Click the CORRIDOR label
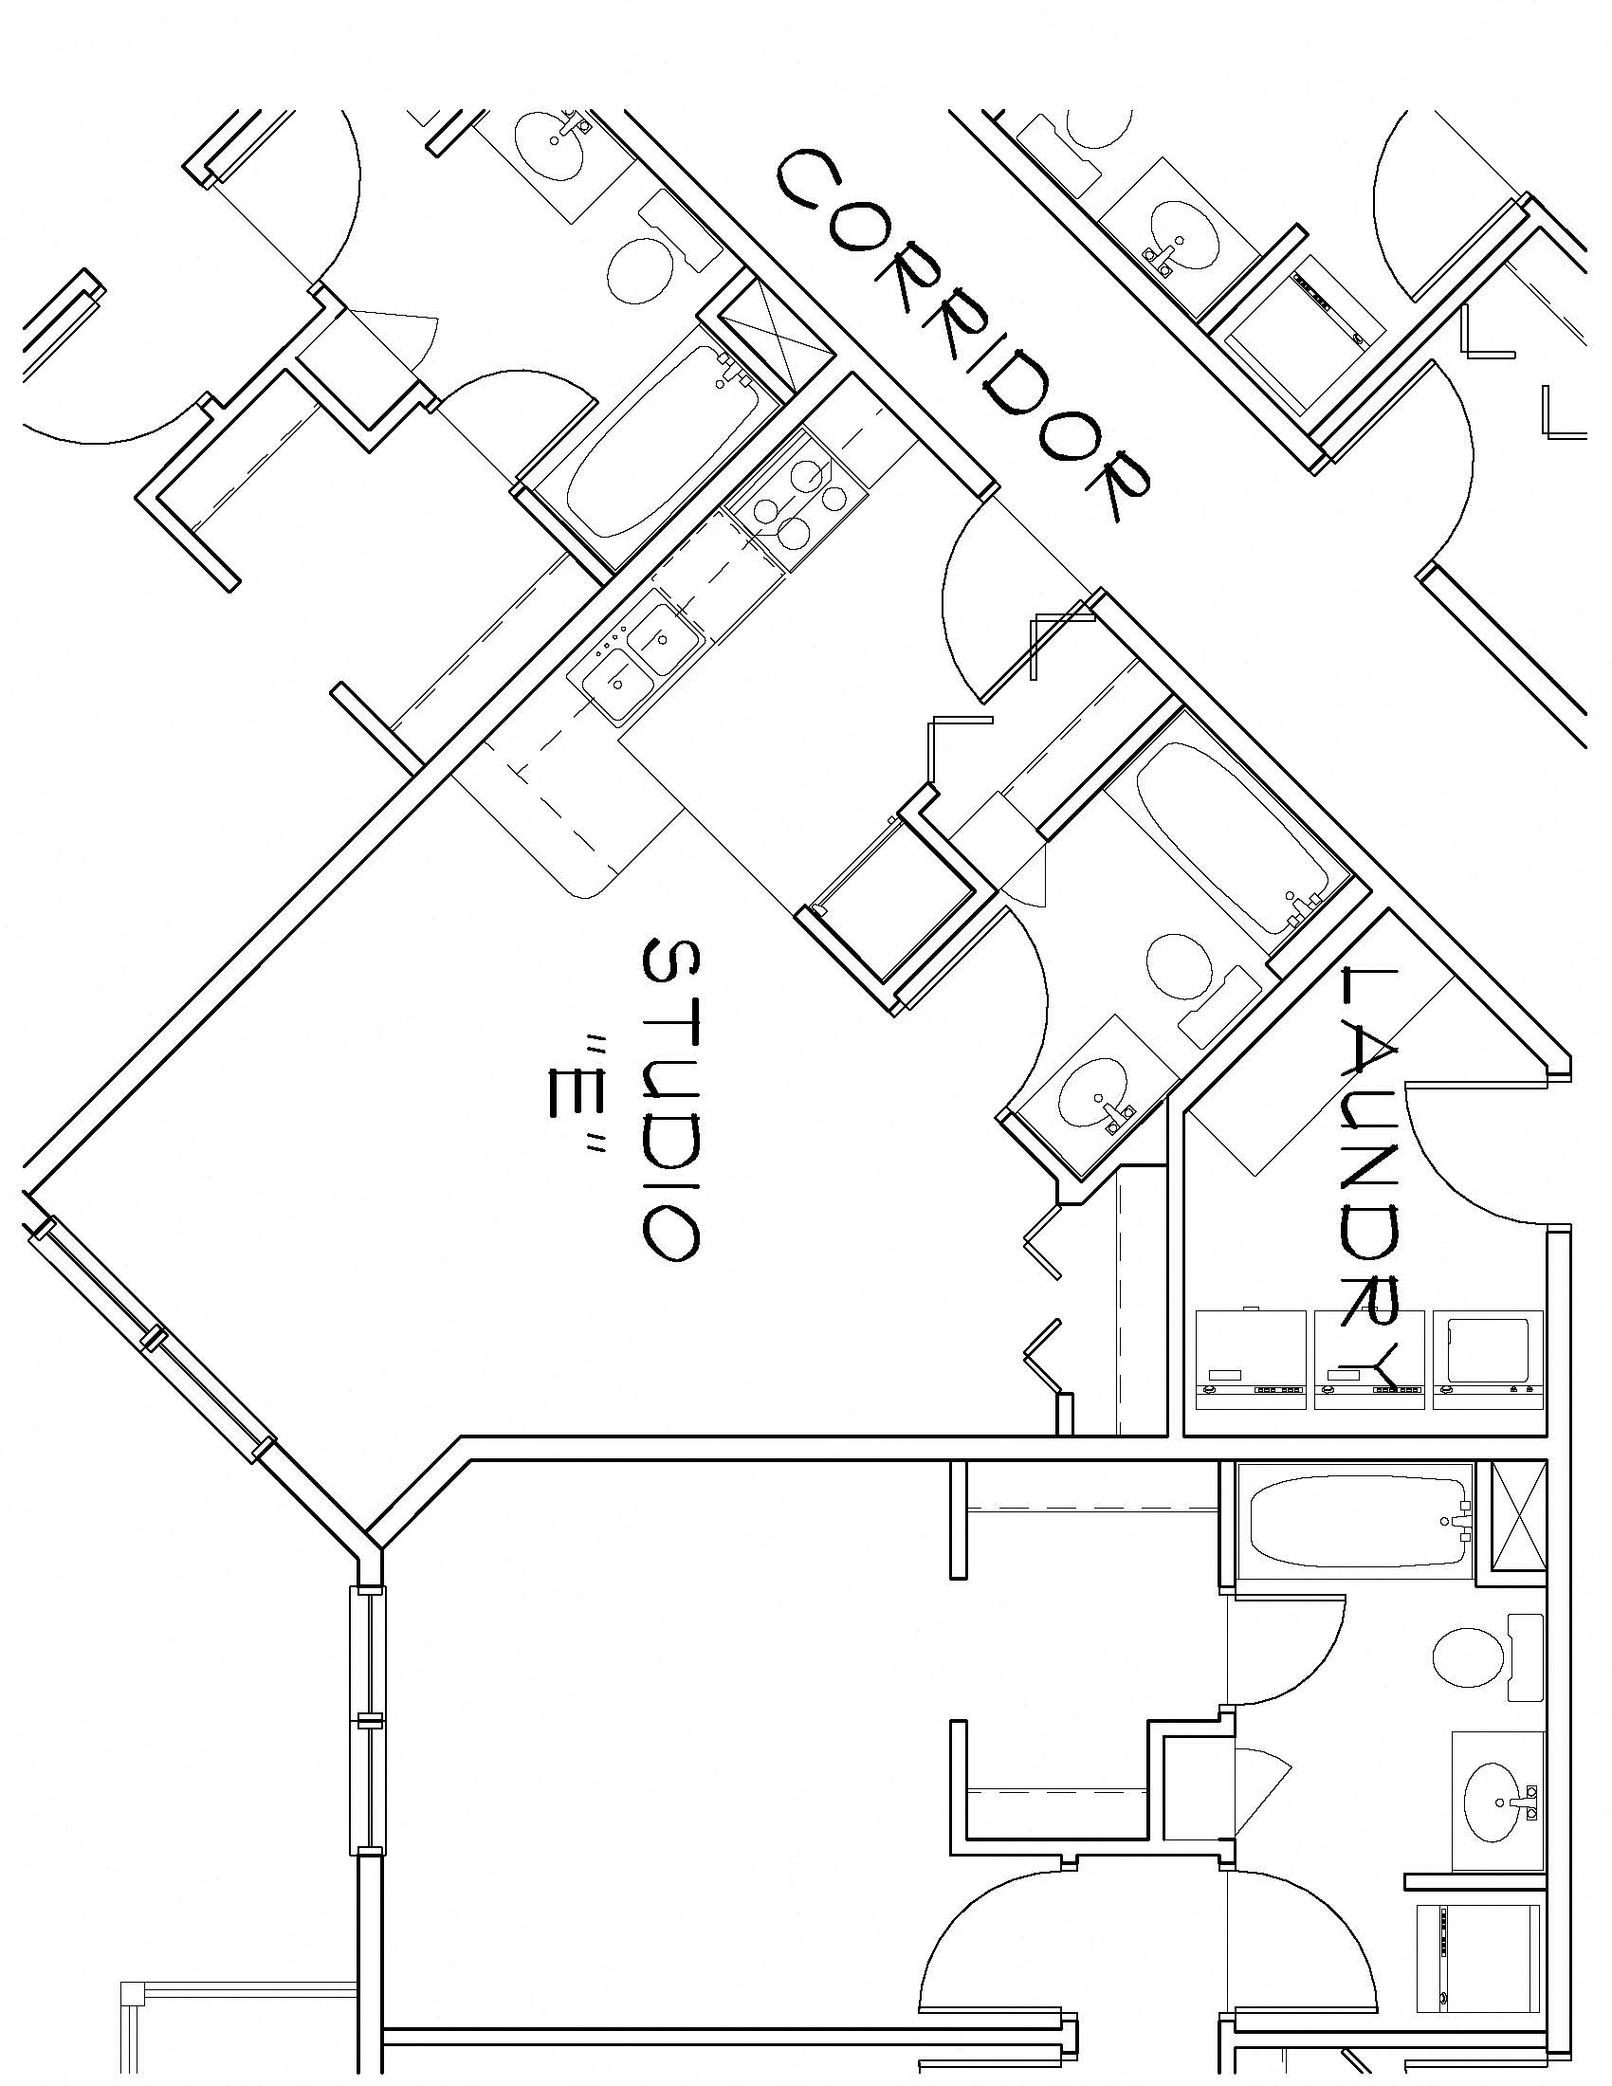(x=964, y=335)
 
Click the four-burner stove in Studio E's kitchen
(x=797, y=502)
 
